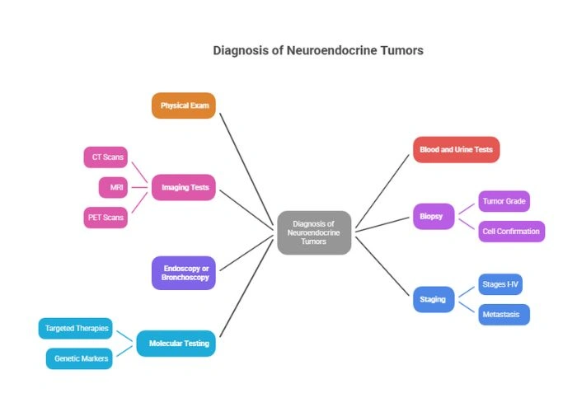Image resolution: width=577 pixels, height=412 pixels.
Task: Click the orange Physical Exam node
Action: click(x=184, y=105)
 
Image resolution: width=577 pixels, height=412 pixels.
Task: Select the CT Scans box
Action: click(x=106, y=157)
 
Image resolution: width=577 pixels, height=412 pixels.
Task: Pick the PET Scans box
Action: click(x=106, y=218)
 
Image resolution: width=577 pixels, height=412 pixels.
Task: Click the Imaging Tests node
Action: click(x=183, y=187)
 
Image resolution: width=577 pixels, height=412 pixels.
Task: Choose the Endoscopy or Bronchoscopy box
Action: click(x=183, y=273)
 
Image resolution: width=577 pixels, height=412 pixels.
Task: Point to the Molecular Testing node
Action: click(x=176, y=343)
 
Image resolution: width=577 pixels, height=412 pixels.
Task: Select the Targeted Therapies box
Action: click(x=75, y=328)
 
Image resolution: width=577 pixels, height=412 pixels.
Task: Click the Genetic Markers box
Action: click(x=79, y=358)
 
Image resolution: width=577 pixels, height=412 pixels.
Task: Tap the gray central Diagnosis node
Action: click(x=314, y=232)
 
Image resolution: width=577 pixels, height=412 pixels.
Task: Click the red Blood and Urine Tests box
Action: click(x=456, y=150)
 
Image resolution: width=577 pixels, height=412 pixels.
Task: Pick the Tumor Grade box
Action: click(x=504, y=201)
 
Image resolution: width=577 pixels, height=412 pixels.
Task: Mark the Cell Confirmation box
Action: click(x=511, y=232)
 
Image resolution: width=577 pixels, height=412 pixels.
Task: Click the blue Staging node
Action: click(x=434, y=299)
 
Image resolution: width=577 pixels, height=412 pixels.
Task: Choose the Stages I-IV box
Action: click(x=500, y=284)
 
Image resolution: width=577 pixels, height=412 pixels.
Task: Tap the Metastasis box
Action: click(x=504, y=314)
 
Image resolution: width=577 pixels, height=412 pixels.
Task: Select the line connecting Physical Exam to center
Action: click(x=246, y=169)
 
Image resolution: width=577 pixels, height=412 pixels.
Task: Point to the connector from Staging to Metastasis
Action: click(x=467, y=307)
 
